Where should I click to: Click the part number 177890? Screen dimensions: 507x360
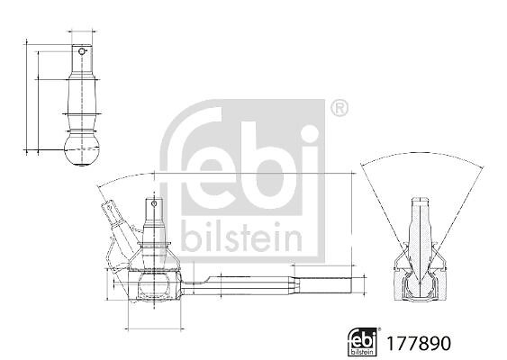pos(419,343)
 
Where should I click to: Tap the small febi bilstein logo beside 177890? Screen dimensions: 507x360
pos(363,342)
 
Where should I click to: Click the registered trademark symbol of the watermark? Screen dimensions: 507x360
pos(340,109)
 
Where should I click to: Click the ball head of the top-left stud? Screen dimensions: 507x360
pos(81,151)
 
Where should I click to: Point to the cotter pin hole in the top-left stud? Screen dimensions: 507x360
pos(81,51)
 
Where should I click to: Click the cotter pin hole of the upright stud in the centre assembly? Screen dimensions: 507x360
pos(154,203)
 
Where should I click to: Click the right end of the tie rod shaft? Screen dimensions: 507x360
pos(351,285)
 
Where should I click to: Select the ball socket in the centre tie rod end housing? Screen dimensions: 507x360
pos(154,285)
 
